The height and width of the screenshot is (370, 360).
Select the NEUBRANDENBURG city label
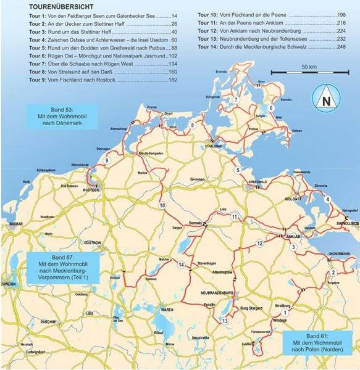pyautogui.click(x=216, y=292)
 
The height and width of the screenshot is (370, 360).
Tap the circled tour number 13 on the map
pyautogui.click(x=225, y=321)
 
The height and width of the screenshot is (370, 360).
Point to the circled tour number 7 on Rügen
pyautogui.click(x=235, y=99)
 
